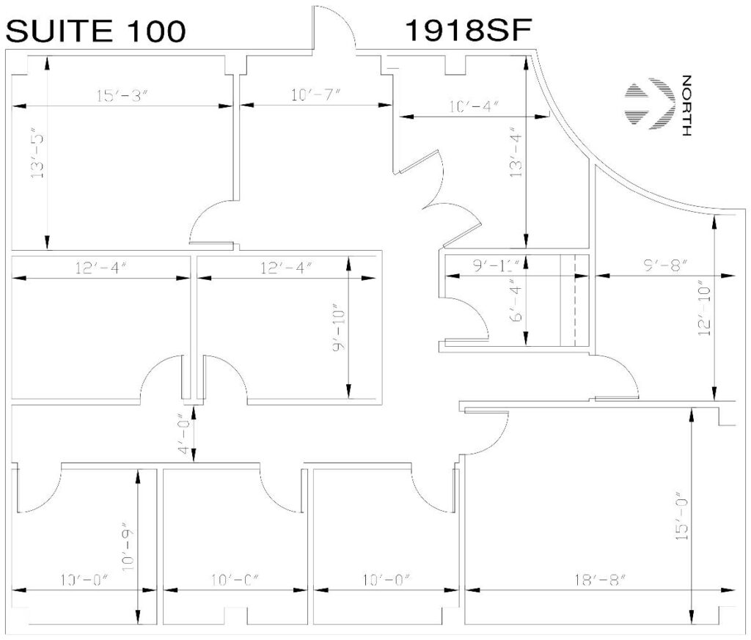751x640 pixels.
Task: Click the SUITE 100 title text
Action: click(x=95, y=31)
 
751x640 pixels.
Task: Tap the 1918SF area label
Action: click(x=469, y=30)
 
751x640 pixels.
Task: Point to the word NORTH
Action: click(x=686, y=106)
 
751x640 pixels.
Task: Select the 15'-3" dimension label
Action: click(x=122, y=96)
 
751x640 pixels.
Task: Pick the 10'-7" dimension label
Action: click(x=315, y=95)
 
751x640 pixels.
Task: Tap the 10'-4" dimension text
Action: click(x=474, y=106)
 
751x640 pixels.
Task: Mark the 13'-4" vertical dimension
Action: click(x=516, y=152)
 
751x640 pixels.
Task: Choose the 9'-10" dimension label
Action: click(x=339, y=330)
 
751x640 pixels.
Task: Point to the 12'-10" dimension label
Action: click(x=704, y=311)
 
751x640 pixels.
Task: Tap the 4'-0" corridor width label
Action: click(x=184, y=434)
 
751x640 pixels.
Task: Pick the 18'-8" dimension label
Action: click(x=600, y=580)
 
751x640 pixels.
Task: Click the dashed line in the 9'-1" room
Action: click(x=574, y=300)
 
